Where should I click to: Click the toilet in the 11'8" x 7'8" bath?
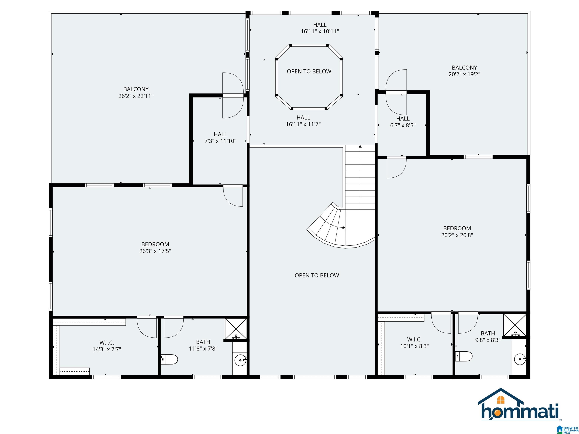coord(169,359)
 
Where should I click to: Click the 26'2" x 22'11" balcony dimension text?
coord(136,96)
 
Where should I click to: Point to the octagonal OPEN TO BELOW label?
coord(309,71)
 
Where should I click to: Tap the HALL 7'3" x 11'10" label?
coord(220,138)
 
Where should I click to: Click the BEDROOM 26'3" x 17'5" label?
coord(155,248)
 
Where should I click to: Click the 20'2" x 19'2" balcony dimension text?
coord(464,74)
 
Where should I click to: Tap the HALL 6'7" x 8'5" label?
coord(403,122)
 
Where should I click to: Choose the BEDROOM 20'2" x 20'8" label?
coord(457,232)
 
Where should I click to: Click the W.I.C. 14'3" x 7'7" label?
coord(107,346)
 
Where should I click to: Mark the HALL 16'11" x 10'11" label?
coord(320,28)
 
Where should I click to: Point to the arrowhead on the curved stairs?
coord(344,228)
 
